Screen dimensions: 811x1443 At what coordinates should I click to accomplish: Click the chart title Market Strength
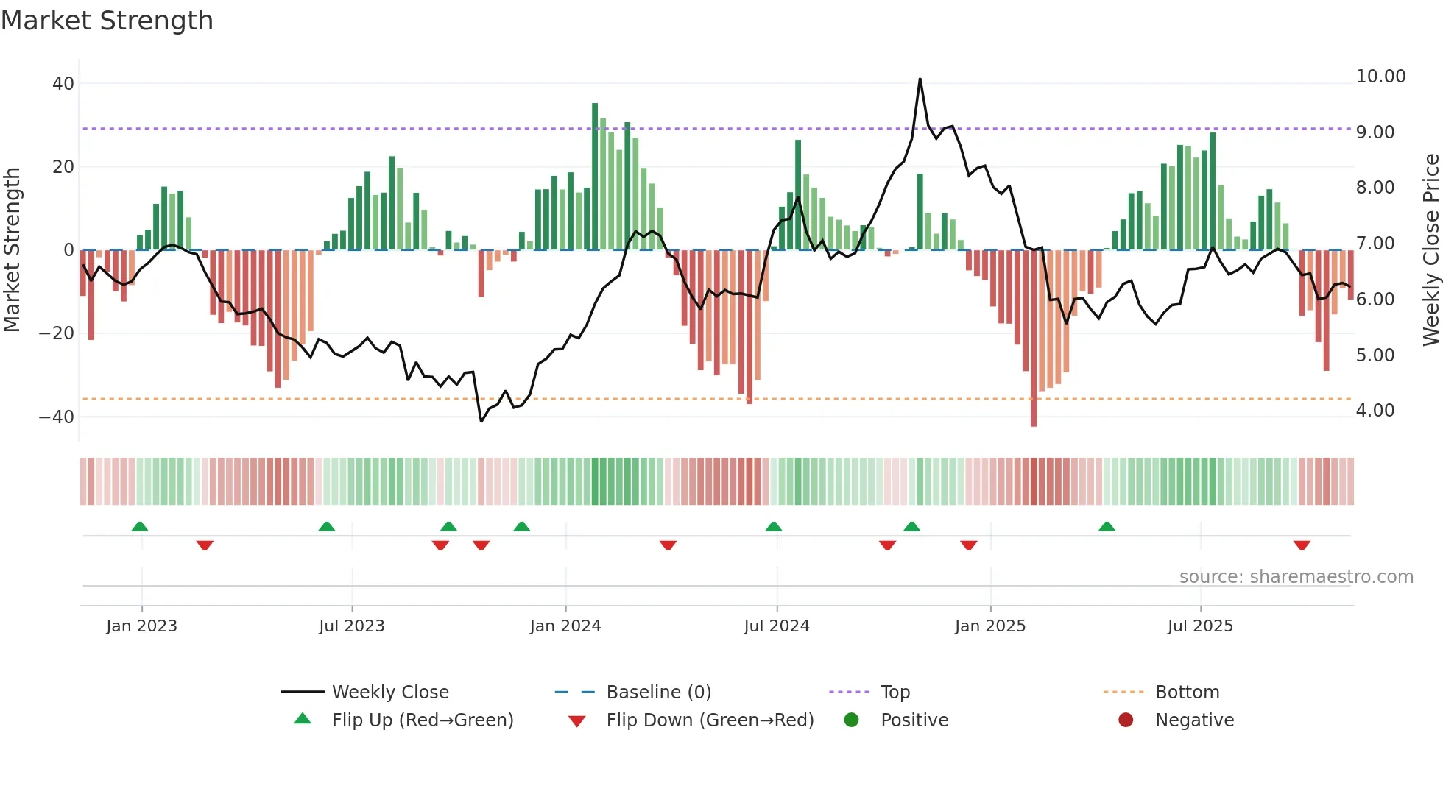coord(107,21)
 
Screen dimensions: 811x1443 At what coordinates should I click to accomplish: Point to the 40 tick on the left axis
coord(63,84)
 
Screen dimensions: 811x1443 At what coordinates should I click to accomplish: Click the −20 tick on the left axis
coord(57,333)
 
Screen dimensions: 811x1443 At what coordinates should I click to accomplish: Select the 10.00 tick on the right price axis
coord(1380,77)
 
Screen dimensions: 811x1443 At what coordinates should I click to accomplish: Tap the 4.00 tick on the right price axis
coord(1375,411)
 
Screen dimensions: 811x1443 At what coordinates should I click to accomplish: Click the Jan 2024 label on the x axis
coord(565,626)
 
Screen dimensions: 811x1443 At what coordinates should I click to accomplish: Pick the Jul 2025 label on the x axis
coord(1199,626)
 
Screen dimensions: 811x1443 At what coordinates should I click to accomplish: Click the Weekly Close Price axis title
coord(1430,250)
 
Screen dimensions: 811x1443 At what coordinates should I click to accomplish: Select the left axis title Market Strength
coord(13,250)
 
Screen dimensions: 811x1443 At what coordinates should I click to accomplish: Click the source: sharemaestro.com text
coord(1296,577)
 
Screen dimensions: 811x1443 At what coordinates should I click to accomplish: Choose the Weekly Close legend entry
coord(389,693)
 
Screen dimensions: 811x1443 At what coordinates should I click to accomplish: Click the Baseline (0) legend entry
coord(658,693)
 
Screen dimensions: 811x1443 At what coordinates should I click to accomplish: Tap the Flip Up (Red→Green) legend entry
coord(422,720)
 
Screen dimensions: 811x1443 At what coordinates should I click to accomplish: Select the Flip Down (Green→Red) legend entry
coord(710,720)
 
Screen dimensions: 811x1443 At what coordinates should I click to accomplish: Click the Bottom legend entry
coord(1187,693)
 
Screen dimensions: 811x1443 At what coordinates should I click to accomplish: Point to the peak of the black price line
coord(920,79)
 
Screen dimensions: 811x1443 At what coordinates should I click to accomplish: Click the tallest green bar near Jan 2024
coord(595,177)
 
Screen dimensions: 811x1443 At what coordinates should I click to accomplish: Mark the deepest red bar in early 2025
coord(1034,339)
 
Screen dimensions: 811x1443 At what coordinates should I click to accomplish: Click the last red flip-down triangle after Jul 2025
coord(1302,545)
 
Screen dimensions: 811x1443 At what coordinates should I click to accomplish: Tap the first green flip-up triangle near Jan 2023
coord(140,526)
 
